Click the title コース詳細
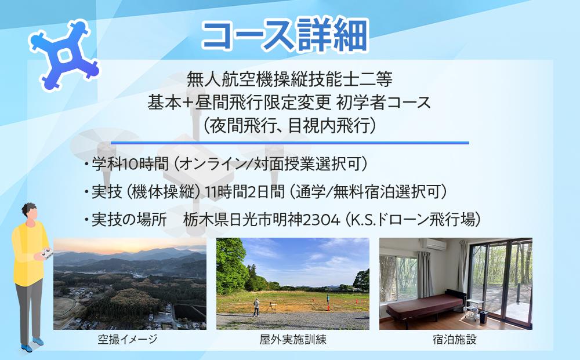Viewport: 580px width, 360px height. click(x=285, y=36)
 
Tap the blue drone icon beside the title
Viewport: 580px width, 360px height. click(x=63, y=56)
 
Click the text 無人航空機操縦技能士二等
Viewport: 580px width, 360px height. click(x=290, y=78)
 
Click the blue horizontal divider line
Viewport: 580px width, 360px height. click(x=289, y=143)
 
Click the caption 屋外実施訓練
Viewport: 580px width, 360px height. click(x=293, y=340)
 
